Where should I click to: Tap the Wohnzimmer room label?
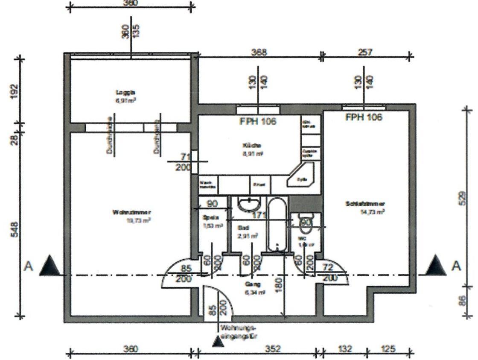132,213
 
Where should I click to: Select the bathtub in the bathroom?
278,224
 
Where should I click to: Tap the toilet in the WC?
306,222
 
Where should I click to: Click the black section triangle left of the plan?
51,265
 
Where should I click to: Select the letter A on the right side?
456,266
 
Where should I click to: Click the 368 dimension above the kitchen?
259,52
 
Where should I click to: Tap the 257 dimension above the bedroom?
364,52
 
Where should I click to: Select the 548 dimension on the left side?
14,231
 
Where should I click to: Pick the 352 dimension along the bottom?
273,348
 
